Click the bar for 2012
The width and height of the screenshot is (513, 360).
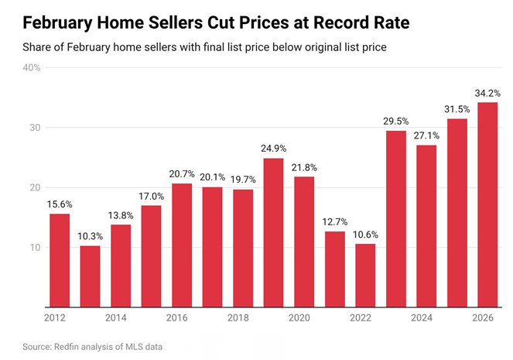(x=60, y=260)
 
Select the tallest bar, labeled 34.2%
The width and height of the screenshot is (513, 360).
(x=487, y=204)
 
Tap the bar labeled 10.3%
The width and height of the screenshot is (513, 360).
(x=91, y=276)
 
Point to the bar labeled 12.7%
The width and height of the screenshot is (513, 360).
(x=334, y=269)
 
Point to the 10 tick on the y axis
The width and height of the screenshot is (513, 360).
(x=35, y=248)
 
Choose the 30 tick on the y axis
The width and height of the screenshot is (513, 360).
(x=35, y=128)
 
